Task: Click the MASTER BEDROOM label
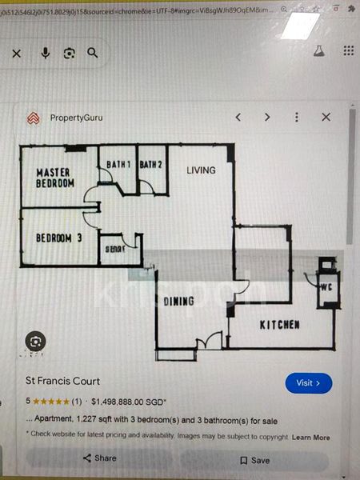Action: coord(54,178)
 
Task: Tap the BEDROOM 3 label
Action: coord(59,238)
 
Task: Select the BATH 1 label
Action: coord(119,165)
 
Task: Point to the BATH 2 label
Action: coord(151,165)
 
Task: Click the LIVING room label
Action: coord(202,170)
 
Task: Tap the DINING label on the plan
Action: coord(179,302)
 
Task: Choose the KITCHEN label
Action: coord(280,325)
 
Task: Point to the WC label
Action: coord(327,286)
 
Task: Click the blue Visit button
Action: coord(308,383)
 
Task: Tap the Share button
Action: coord(99,458)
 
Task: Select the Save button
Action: coord(254,460)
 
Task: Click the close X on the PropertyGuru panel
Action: coord(326,117)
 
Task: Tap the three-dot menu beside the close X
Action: coord(297,117)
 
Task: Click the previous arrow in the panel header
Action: coord(238,117)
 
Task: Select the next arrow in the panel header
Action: coord(267,117)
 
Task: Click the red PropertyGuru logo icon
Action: coord(33,118)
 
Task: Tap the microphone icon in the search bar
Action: coord(45,53)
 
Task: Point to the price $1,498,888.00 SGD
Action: coord(129,402)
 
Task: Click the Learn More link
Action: coord(310,438)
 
